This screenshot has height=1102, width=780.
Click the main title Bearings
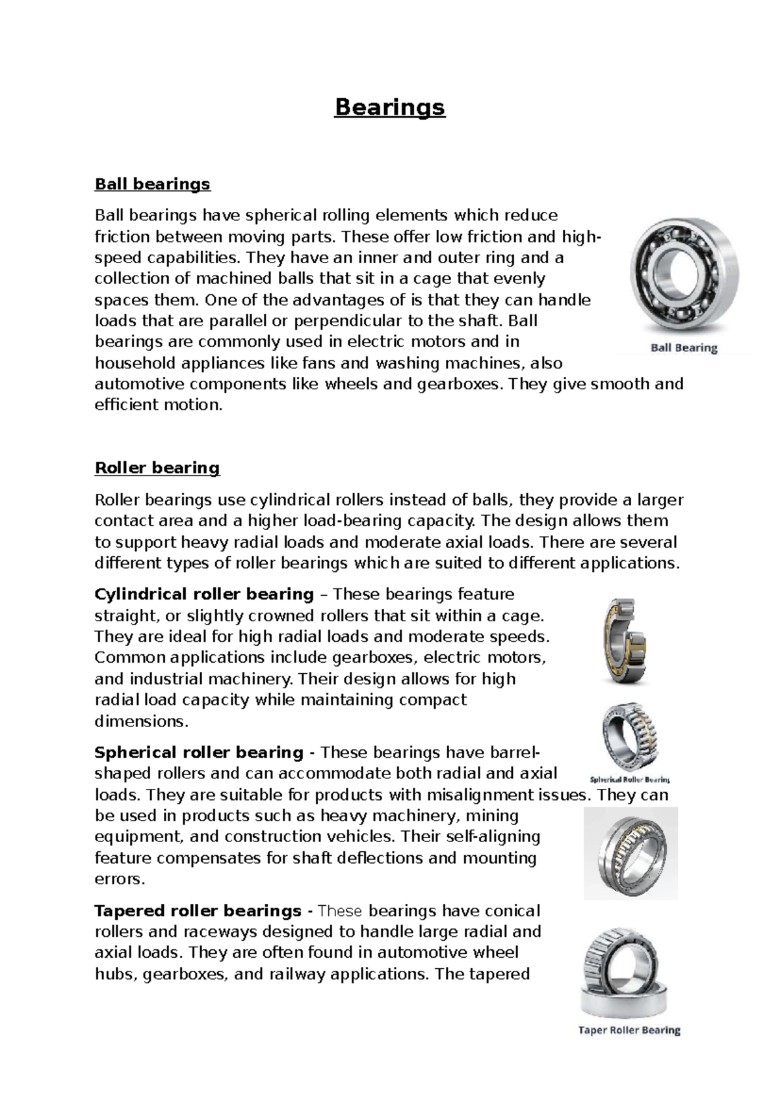click(x=389, y=107)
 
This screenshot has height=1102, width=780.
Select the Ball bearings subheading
click(x=153, y=184)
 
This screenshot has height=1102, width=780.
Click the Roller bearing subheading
click(x=157, y=468)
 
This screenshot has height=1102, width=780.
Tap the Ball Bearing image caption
click(x=684, y=348)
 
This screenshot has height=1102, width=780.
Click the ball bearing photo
click(x=684, y=276)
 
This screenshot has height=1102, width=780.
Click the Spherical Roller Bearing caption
click(x=629, y=779)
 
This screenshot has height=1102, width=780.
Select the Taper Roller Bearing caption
click(x=629, y=1030)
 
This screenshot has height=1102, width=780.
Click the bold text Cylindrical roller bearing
click(x=204, y=595)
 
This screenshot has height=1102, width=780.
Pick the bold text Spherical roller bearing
click(x=199, y=753)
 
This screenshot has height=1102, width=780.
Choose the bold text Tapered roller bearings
click(x=198, y=911)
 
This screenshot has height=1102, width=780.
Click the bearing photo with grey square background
click(x=630, y=852)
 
